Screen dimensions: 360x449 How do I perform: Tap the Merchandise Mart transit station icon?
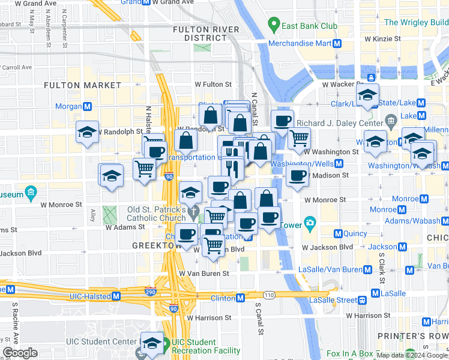click(x=337, y=43)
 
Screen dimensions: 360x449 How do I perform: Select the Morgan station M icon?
click(x=88, y=106)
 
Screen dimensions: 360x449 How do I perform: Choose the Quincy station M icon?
click(x=338, y=233)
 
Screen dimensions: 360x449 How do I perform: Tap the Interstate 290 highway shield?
click(x=150, y=292)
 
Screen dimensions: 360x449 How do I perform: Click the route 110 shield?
click(x=268, y=295)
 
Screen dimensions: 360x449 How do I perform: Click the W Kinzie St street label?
click(x=382, y=38)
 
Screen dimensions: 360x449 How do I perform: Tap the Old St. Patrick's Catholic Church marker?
click(x=193, y=212)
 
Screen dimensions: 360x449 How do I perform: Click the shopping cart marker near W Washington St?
click(x=299, y=138)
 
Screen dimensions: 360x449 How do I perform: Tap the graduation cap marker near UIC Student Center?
click(x=152, y=343)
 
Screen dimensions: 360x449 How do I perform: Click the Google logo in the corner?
click(x=20, y=353)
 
